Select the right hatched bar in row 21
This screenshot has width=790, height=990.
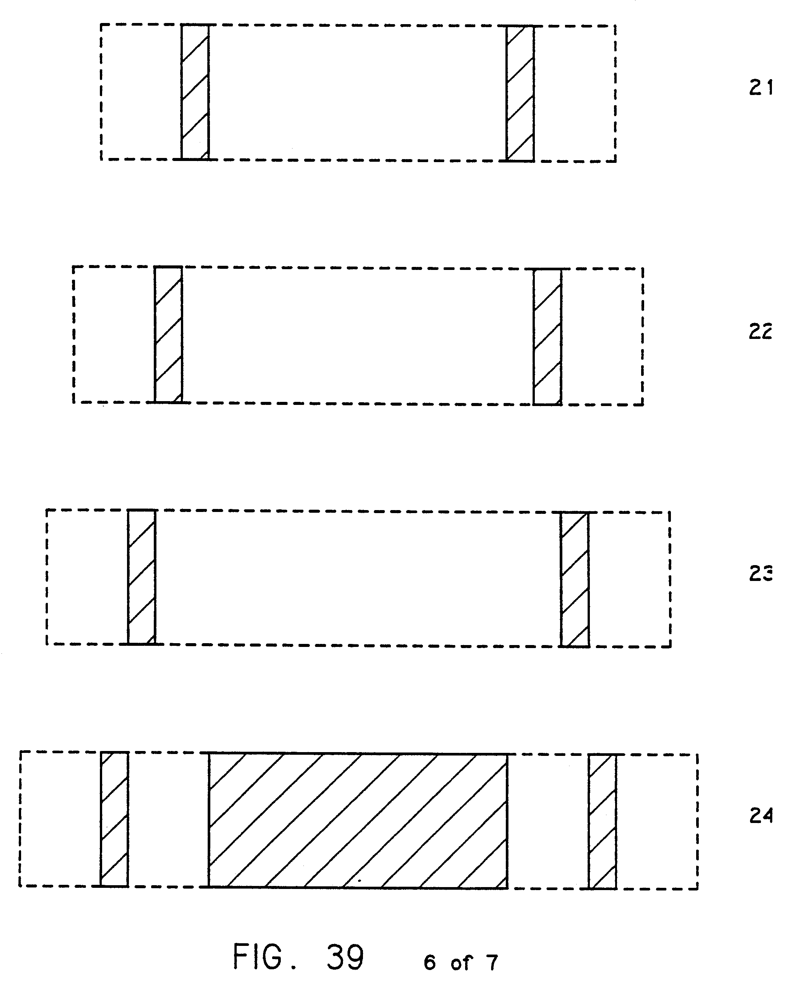[x=520, y=93]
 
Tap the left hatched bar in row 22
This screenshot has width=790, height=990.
[x=168, y=334]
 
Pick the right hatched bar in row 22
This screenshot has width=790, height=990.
[x=547, y=337]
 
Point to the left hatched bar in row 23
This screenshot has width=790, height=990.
[x=142, y=577]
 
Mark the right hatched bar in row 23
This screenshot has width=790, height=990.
[x=575, y=579]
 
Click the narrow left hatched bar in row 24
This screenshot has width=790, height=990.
[x=114, y=819]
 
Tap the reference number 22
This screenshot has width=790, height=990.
[x=761, y=331]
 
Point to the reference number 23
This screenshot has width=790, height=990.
[x=761, y=573]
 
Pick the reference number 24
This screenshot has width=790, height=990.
[x=761, y=816]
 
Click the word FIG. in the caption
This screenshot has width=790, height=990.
[x=263, y=957]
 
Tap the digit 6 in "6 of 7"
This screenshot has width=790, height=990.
[x=430, y=962]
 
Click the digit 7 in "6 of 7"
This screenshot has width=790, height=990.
[x=493, y=962]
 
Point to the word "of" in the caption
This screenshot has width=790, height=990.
[x=461, y=963]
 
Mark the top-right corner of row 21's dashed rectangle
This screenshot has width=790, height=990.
[x=615, y=26]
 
